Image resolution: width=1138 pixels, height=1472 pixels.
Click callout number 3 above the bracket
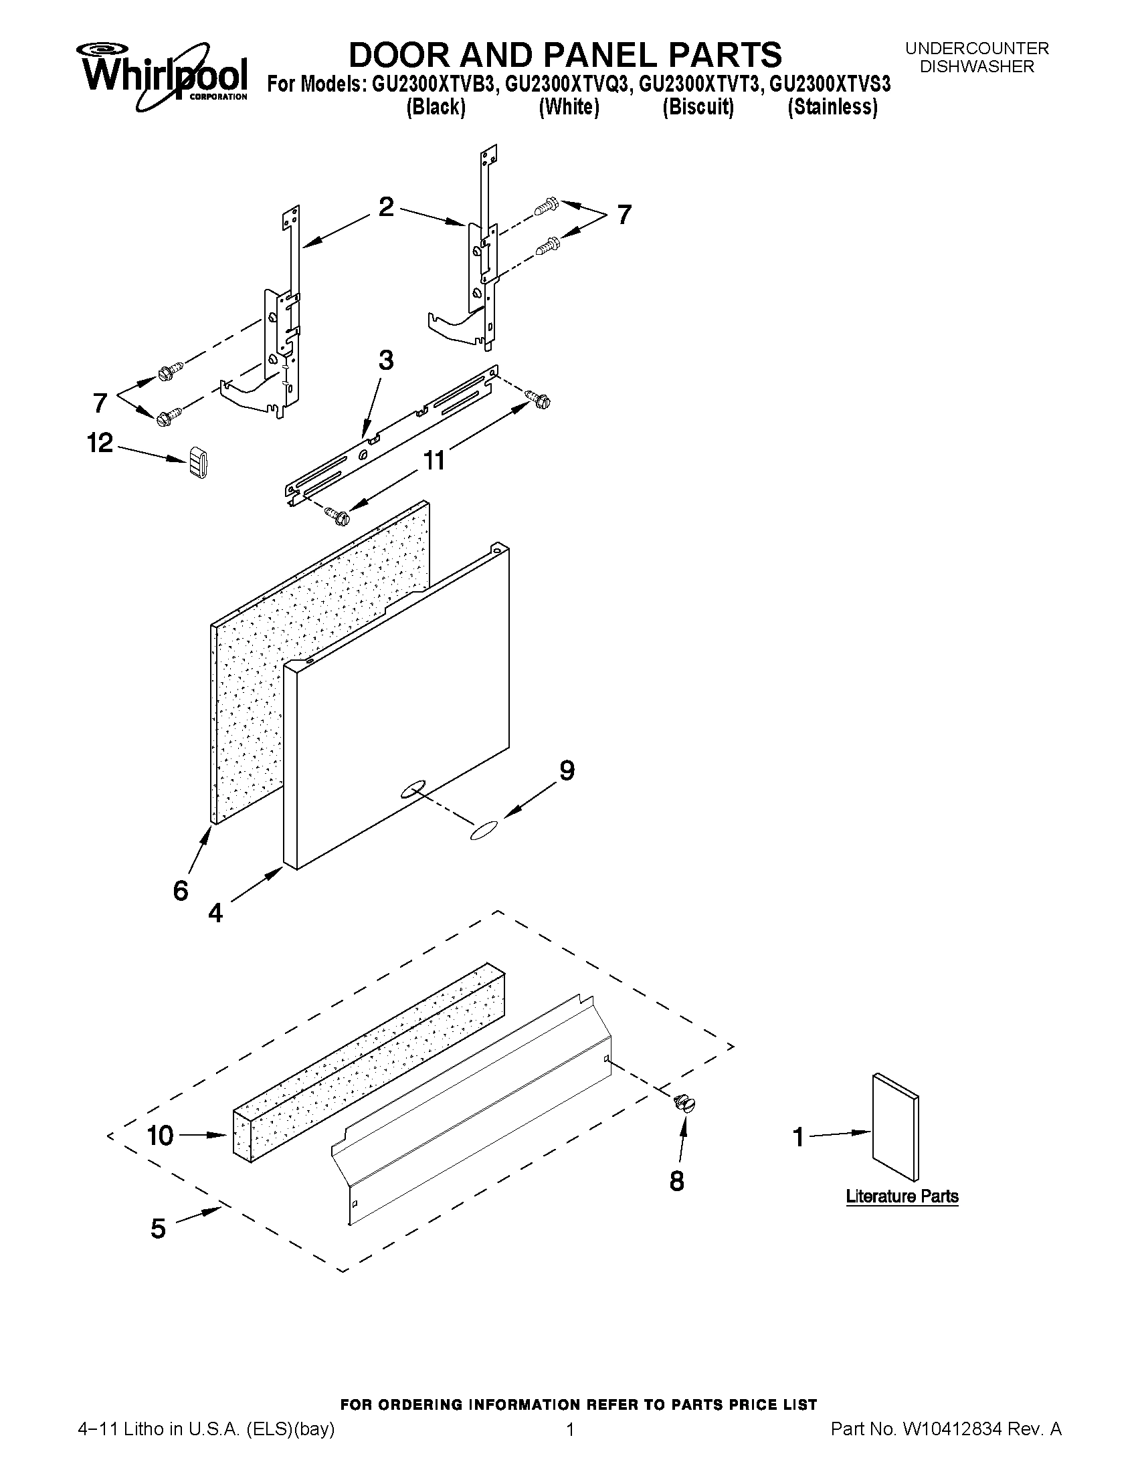click(385, 360)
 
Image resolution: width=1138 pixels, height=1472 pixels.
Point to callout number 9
click(567, 770)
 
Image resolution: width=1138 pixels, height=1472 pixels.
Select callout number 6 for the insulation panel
click(181, 891)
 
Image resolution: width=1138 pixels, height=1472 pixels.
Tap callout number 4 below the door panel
click(215, 914)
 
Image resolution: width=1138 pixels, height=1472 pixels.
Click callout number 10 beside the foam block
click(161, 1136)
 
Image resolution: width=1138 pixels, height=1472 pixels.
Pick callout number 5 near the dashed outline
click(158, 1229)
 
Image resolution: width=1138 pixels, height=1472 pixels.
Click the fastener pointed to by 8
click(684, 1103)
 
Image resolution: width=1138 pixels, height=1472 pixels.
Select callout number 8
click(677, 1181)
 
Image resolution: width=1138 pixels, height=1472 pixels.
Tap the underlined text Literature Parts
click(902, 1196)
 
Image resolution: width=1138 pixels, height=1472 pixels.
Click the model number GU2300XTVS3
click(830, 84)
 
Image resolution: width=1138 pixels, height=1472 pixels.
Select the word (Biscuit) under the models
click(698, 107)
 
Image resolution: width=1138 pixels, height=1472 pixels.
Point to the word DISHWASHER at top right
click(977, 67)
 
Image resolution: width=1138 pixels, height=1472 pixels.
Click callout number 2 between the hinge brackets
click(386, 206)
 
